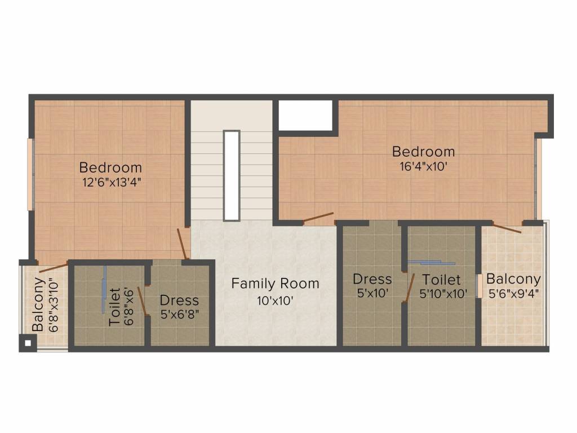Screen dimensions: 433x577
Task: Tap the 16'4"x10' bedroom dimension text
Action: click(x=423, y=166)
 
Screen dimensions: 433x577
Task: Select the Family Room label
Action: click(x=275, y=284)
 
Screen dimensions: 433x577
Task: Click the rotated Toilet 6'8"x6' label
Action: click(x=121, y=306)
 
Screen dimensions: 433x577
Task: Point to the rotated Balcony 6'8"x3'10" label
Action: click(x=45, y=304)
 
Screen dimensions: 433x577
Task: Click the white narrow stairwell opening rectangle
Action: click(x=232, y=175)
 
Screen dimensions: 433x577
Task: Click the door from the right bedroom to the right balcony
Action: click(x=507, y=228)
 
